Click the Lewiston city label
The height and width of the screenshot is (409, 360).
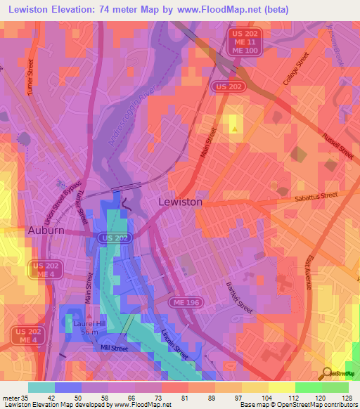[x=181, y=202]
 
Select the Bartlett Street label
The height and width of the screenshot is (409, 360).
[x=240, y=296]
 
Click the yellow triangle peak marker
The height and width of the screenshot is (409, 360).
[x=234, y=128]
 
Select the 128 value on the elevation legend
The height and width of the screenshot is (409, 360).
[x=346, y=398]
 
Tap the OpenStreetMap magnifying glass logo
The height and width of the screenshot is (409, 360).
[x=328, y=373]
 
